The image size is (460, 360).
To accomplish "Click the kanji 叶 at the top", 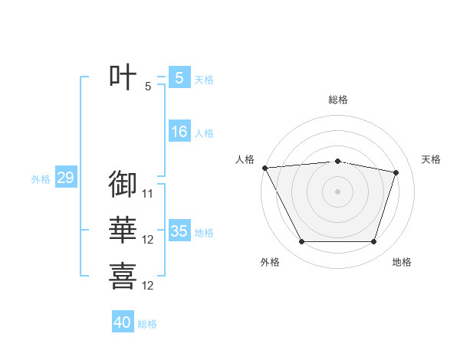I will (123, 77).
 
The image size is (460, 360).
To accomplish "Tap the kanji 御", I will (123, 184).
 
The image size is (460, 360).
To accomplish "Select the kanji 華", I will (123, 230).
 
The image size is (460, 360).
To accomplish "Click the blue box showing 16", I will (179, 132).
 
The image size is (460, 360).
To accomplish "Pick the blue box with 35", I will (179, 231).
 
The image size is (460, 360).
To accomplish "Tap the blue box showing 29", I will (65, 178).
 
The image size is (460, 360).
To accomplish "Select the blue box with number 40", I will (123, 322).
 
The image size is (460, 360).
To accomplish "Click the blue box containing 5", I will (179, 78).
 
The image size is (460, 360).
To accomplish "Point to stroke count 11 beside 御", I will (148, 194).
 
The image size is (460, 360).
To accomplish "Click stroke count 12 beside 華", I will (148, 240).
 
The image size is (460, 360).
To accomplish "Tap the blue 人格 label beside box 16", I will (204, 133).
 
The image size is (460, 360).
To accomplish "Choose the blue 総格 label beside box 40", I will (147, 324).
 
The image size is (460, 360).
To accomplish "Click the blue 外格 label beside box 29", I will (41, 180).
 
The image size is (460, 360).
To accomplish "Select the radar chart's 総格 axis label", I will (338, 100).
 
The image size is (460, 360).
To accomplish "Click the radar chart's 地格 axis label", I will (402, 262).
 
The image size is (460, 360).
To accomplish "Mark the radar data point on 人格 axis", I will (264, 167).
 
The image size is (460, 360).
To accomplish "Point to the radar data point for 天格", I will (396, 172).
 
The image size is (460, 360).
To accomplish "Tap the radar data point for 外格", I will (301, 242).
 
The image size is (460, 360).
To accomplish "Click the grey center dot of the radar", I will (338, 191).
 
